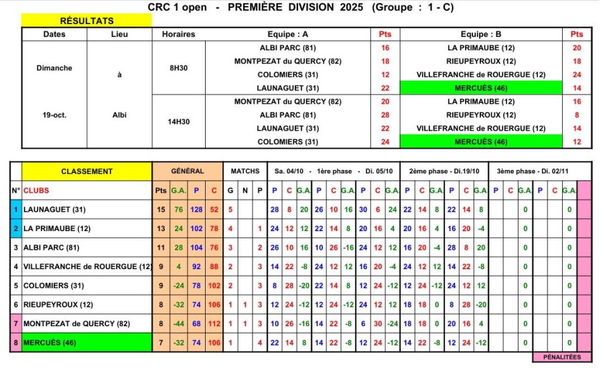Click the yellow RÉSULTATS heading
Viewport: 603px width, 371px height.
tap(87, 21)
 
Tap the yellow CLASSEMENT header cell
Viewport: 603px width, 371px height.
tap(87, 171)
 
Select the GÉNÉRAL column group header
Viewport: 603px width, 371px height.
tap(188, 171)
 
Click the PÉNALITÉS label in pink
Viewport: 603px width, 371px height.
tap(562, 357)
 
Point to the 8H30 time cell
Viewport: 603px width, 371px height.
tap(179, 68)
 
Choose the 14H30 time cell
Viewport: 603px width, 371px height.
tap(179, 122)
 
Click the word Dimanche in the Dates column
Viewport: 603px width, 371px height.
tap(55, 68)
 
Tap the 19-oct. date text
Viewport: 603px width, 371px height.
tap(55, 115)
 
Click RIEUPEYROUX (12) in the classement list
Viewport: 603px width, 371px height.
tap(56, 304)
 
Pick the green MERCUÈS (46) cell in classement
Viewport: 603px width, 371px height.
tap(87, 343)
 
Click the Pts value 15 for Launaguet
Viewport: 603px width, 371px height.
tap(161, 210)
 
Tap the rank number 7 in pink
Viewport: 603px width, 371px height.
tap(15, 323)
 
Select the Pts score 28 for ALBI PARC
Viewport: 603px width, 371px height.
tap(385, 115)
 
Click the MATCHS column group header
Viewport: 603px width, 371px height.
tap(245, 171)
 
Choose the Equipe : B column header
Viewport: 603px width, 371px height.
tap(480, 34)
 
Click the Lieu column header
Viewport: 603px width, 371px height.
tap(120, 34)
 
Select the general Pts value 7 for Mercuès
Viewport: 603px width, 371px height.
tap(161, 343)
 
